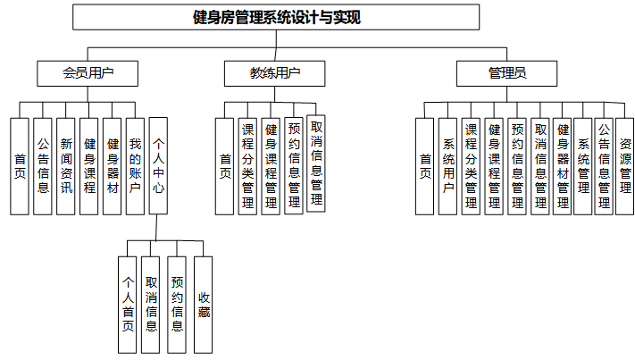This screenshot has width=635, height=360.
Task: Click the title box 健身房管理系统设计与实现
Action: point(276,17)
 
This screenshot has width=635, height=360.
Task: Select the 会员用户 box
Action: point(88,73)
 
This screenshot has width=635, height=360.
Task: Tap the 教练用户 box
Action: point(274,73)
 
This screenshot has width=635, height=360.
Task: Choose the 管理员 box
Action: point(506,73)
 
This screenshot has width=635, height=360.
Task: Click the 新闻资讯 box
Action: point(66,166)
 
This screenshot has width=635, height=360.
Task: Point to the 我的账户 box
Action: point(135,166)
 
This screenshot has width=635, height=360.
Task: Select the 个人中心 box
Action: point(158,166)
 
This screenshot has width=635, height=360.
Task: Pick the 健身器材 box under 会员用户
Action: point(112,166)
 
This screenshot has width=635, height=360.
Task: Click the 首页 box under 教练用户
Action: point(226,166)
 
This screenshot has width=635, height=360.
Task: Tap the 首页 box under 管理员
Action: point(426,166)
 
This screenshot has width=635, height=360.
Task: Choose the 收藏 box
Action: point(204,305)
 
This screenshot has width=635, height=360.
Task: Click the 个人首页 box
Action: point(129,305)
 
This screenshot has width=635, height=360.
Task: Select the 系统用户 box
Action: point(448,166)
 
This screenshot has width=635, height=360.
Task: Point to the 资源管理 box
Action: point(625,166)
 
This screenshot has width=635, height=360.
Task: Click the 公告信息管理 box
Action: point(604,166)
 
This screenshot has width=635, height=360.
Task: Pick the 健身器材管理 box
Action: point(563,166)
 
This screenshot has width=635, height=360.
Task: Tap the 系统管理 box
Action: point(583,166)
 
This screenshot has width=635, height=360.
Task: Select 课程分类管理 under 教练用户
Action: point(248,166)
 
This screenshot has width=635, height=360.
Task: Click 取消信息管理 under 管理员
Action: point(539,166)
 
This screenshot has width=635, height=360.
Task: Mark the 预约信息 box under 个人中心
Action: point(177,305)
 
